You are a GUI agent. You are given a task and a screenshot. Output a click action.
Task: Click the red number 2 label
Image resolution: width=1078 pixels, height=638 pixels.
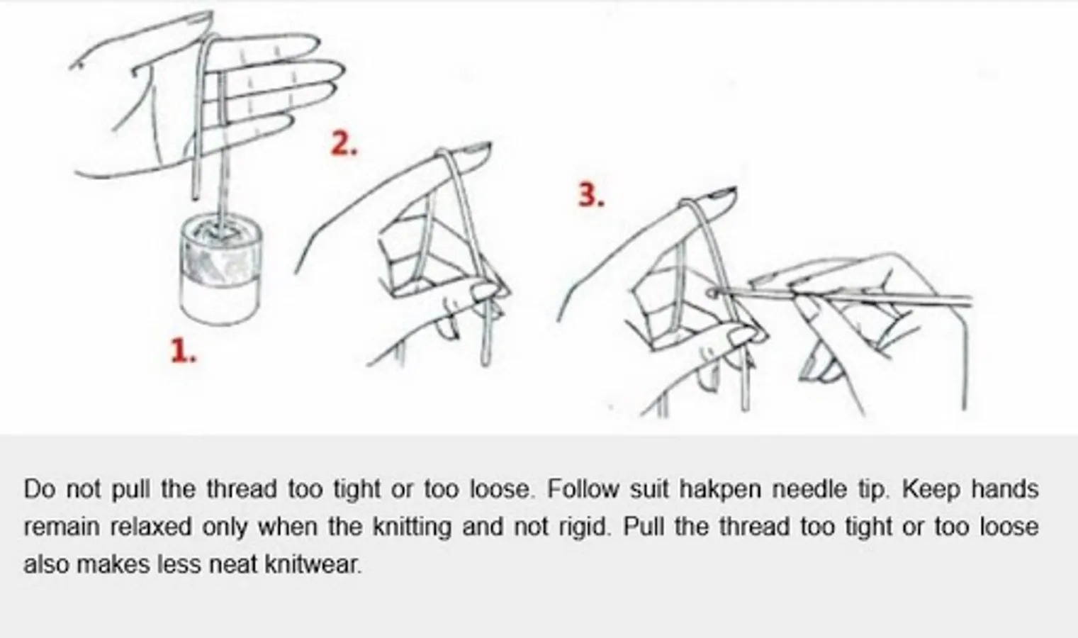(x=344, y=143)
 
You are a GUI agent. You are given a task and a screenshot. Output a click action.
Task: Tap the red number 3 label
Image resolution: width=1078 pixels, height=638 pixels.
(x=591, y=196)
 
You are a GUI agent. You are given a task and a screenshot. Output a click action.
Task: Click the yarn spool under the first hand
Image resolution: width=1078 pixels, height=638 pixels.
(x=222, y=268)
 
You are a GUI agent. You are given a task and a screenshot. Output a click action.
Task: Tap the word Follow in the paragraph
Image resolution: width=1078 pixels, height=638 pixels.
(x=583, y=489)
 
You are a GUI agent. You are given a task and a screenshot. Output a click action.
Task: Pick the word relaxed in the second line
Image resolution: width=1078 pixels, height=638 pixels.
(x=151, y=527)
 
